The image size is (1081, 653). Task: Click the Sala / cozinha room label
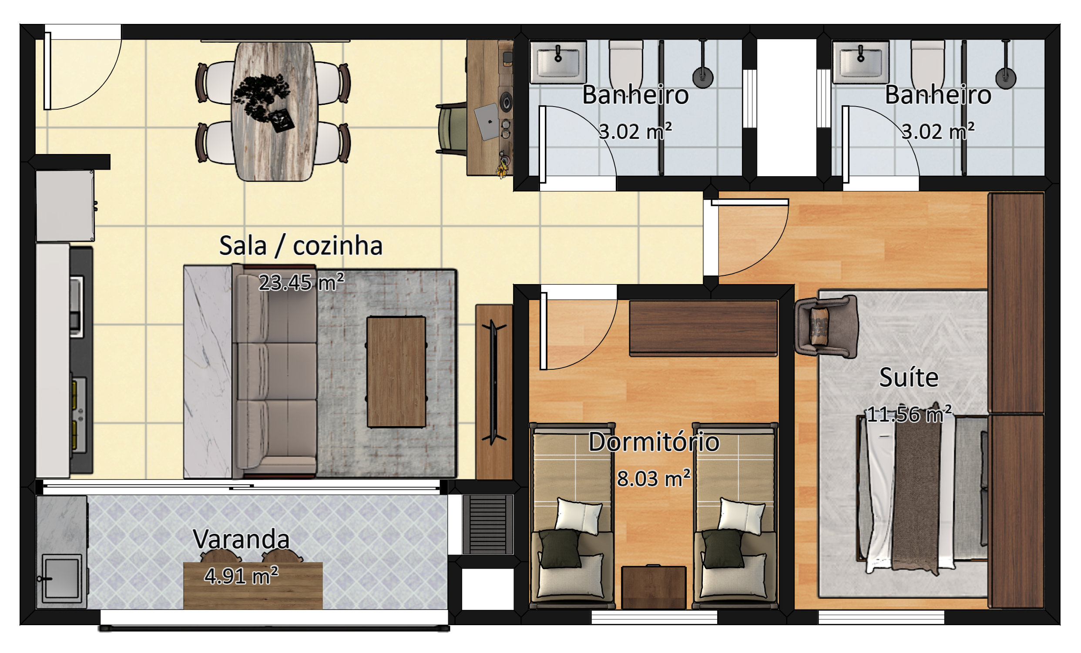[x=301, y=246]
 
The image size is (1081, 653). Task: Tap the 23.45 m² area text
[x=302, y=282]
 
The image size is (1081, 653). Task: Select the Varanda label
[x=241, y=539]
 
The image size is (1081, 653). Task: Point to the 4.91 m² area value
[x=241, y=576]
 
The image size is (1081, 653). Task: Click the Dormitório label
[x=654, y=442]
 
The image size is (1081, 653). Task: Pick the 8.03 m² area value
[x=654, y=479]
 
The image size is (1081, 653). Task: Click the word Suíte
[x=909, y=377]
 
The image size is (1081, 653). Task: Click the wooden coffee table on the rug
[x=396, y=372]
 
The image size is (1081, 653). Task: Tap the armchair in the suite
[x=826, y=327]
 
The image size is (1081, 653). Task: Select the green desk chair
[x=452, y=128]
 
